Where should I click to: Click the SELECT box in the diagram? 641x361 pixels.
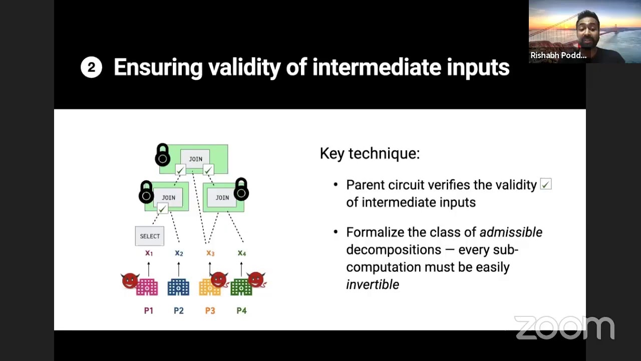[149, 236]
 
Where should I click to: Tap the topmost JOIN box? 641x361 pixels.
[195, 159]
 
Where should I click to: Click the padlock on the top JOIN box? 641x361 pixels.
[162, 155]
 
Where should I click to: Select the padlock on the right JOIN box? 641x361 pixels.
[241, 189]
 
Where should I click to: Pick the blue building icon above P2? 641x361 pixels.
[178, 287]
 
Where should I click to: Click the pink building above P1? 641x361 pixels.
[147, 287]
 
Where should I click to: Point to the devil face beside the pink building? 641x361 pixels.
[130, 281]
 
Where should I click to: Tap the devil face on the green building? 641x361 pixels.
[256, 280]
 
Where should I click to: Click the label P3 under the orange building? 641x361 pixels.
[210, 311]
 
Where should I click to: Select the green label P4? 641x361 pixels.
[241, 311]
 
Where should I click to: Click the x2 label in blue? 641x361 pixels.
[179, 253]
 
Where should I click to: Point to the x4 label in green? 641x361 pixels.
[241, 253]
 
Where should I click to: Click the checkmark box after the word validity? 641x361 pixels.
[546, 185]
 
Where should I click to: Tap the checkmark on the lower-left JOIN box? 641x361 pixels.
[162, 209]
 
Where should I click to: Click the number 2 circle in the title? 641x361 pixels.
[91, 68]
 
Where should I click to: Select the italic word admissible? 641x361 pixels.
[510, 232]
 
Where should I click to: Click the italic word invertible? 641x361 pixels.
[372, 284]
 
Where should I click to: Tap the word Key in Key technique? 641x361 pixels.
[332, 153]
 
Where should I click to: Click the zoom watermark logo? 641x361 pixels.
[564, 328]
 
